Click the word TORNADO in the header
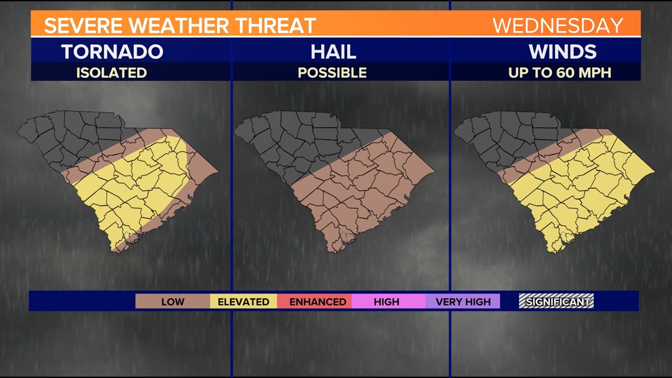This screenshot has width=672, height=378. (x=112, y=51)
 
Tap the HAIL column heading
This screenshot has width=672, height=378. (x=334, y=51)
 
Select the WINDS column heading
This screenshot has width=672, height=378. (x=562, y=51)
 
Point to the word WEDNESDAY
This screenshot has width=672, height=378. (x=558, y=25)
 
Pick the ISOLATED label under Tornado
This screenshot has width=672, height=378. (x=111, y=73)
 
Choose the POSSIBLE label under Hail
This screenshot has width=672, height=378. (x=332, y=73)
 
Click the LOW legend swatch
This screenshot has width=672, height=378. (x=173, y=301)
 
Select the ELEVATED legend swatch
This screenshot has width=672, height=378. (x=243, y=301)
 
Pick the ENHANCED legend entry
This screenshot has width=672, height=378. (x=318, y=301)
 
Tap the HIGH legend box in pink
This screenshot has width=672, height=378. (x=387, y=301)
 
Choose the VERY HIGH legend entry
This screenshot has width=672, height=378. (x=463, y=301)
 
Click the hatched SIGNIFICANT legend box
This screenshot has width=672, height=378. (x=556, y=301)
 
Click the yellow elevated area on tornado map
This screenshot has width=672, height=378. (x=136, y=189)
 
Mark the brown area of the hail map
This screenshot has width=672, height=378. (x=360, y=189)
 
